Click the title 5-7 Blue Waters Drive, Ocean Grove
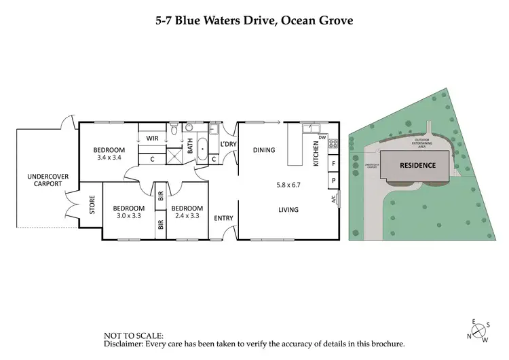(x=254, y=20)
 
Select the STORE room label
(x=92, y=204)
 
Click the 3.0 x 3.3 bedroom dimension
(x=128, y=216)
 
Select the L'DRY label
(x=229, y=144)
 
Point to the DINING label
(x=264, y=150)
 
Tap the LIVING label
(x=288, y=210)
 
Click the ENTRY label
(x=224, y=218)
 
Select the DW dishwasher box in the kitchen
(x=322, y=138)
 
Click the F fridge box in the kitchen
(x=333, y=164)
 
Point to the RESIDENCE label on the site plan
(x=417, y=165)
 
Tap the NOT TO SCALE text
(x=134, y=336)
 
